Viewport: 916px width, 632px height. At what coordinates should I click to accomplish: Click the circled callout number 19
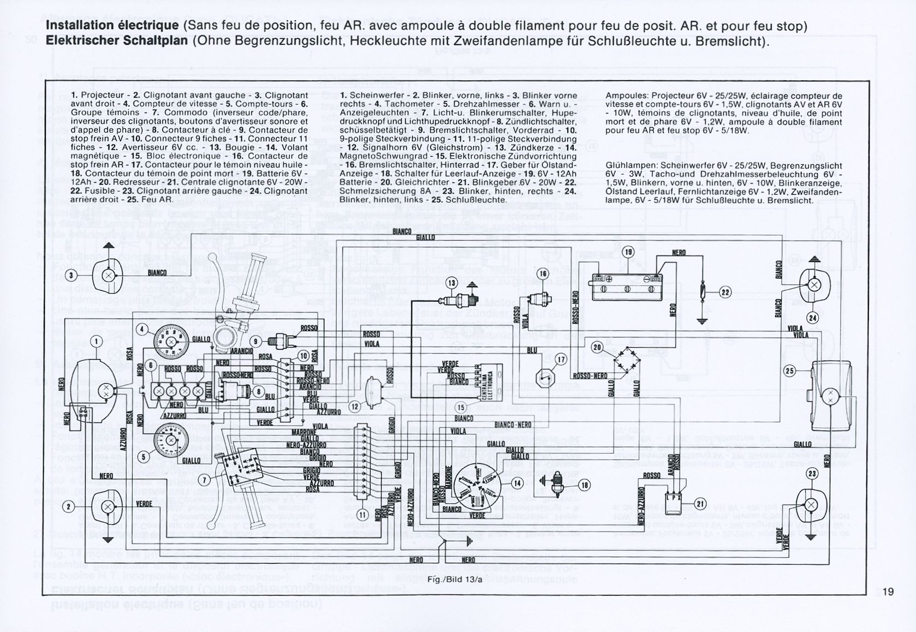click(628, 252)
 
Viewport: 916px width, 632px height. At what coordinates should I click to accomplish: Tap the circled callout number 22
click(725, 292)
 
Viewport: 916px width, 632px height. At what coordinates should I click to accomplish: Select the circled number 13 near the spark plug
click(451, 283)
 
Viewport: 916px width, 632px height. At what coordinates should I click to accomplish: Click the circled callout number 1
click(97, 342)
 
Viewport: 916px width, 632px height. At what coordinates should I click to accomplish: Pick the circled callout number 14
click(518, 482)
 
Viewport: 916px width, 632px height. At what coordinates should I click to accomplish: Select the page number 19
click(888, 592)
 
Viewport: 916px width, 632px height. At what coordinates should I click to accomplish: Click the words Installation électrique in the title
click(112, 26)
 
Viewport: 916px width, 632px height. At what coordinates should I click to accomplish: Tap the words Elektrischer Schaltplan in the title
click(116, 41)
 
